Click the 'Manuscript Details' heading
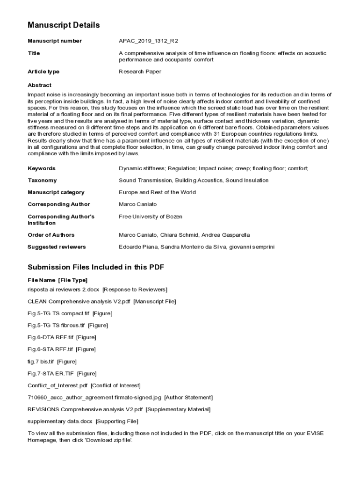pyautogui.click(x=64, y=25)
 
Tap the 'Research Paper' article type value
pyautogui.click(x=140, y=72)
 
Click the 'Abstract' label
pyautogui.click(x=40, y=86)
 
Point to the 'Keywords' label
pyautogui.click(x=42, y=168)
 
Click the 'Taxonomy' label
pyautogui.click(x=42, y=181)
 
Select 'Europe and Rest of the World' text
pyautogui.click(x=157, y=192)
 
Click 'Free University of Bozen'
pyautogui.click(x=151, y=217)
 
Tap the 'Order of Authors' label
pyautogui.click(x=51, y=235)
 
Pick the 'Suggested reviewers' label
pyautogui.click(x=57, y=247)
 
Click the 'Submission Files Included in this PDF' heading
pyautogui.click(x=96, y=268)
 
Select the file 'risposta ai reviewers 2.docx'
pyautogui.click(x=63, y=290)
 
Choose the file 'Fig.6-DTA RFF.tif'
pyautogui.click(x=50, y=337)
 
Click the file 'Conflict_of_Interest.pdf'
pyautogui.click(x=58, y=385)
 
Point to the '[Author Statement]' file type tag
pyautogui.click(x=188, y=398)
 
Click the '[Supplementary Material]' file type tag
pyautogui.click(x=178, y=409)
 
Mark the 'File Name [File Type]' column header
pyautogui.click(x=58, y=280)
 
